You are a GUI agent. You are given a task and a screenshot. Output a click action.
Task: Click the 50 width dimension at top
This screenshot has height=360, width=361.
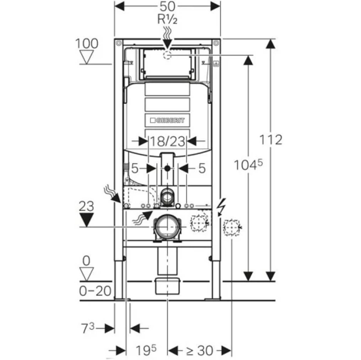pyautogui.click(x=167, y=6)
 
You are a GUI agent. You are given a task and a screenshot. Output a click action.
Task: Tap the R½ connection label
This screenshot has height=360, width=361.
pyautogui.click(x=167, y=19)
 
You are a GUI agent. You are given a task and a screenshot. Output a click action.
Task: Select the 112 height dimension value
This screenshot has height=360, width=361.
pyautogui.click(x=271, y=140)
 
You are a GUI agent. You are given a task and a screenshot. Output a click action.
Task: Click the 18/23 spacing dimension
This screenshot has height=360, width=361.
pyautogui.click(x=167, y=142)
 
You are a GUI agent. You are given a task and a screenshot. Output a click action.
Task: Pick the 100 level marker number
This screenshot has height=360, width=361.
pyautogui.click(x=87, y=44)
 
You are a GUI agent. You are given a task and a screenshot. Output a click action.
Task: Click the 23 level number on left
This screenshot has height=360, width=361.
pyautogui.click(x=87, y=206)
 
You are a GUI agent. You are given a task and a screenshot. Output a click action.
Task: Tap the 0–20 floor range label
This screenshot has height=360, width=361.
pyautogui.click(x=95, y=291)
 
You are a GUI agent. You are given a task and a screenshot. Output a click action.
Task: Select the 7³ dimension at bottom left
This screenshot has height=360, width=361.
pyautogui.click(x=88, y=328)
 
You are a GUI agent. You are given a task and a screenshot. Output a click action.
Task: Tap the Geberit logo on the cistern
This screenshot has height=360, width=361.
pyautogui.click(x=167, y=120)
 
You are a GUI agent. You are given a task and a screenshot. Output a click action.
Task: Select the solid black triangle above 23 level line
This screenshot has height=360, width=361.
pyautogui.click(x=87, y=219)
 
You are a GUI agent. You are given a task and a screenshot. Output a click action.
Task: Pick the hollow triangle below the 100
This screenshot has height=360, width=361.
pyautogui.click(x=87, y=57)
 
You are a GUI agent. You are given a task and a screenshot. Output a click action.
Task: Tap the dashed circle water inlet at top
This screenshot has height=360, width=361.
pyautogui.click(x=167, y=55)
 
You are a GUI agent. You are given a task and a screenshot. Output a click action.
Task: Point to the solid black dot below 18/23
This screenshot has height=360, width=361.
pyautogui.click(x=167, y=168)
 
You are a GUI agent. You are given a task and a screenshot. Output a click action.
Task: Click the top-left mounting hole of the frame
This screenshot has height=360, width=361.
pyautogui.click(x=118, y=43)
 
